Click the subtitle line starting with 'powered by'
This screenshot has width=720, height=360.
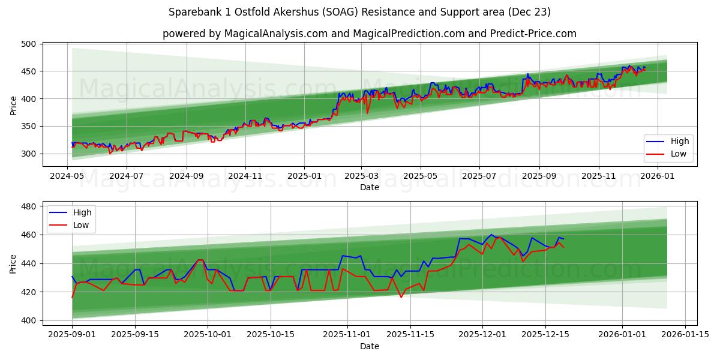click(x=369, y=34)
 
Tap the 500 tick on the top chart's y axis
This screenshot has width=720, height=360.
click(x=29, y=44)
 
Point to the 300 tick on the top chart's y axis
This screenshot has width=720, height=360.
click(x=29, y=154)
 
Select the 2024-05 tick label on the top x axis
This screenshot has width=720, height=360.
click(x=67, y=176)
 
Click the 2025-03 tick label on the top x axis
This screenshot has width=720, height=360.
click(x=361, y=176)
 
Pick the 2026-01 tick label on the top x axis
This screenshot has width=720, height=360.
click(x=658, y=176)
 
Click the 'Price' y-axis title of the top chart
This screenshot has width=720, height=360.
click(x=13, y=106)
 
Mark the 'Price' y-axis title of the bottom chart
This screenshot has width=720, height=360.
click(x=13, y=264)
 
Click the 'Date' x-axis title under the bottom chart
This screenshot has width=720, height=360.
click(x=369, y=346)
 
